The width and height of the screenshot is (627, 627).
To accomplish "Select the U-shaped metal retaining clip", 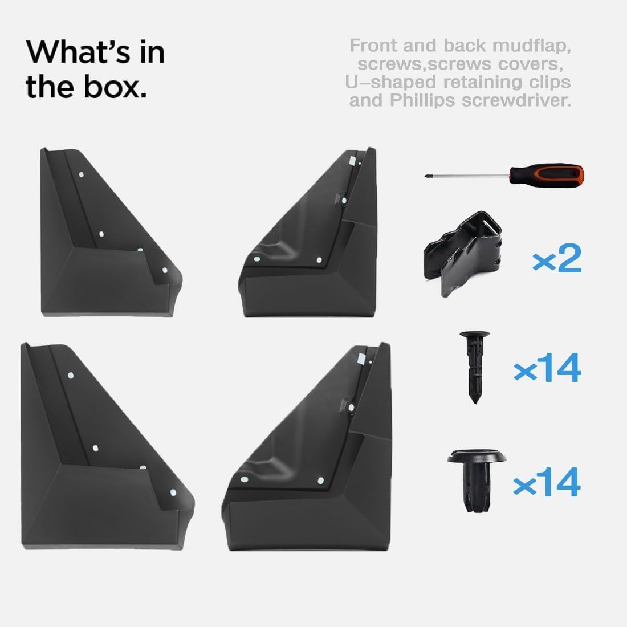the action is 463,254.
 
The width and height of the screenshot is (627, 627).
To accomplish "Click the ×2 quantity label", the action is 557,258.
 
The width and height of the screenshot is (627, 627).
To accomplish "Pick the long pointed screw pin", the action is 475,367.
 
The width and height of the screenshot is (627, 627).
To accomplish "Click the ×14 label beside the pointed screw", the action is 547,368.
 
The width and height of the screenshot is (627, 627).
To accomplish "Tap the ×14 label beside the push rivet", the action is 547,482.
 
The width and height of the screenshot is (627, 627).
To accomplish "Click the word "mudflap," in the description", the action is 531,46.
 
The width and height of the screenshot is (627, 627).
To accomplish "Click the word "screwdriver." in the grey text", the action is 516,100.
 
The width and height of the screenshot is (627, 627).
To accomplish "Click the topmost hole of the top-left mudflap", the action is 81,175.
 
